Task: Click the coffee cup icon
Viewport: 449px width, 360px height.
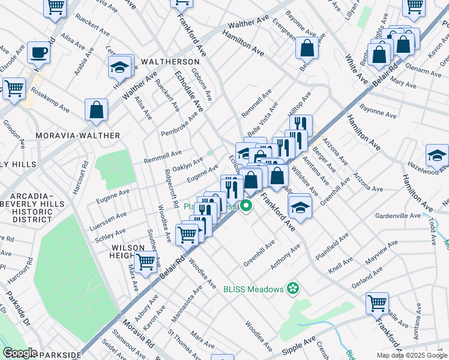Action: [38, 52]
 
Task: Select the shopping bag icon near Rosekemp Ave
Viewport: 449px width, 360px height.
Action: [96, 110]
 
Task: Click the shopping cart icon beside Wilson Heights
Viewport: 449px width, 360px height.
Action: [145, 261]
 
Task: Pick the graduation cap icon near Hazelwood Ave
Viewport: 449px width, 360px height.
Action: [437, 155]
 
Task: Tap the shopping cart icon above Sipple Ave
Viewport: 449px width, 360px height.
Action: [377, 302]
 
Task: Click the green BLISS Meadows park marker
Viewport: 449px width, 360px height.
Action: [293, 289]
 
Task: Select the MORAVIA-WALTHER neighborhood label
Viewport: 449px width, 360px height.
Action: [77, 136]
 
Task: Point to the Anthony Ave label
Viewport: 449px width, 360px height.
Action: [285, 257]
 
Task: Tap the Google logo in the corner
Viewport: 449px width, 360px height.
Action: [19, 353]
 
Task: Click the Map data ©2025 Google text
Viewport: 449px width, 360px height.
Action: [411, 355]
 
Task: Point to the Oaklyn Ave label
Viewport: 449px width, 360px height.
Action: [187, 164]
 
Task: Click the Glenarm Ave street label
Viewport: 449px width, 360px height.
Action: [423, 72]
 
